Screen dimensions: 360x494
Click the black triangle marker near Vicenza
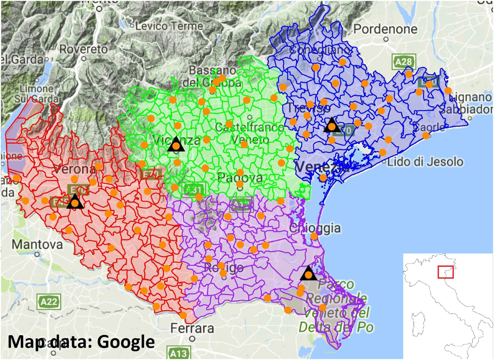pos(176,144)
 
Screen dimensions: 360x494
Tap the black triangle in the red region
pos(75,202)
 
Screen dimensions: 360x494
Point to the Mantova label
pos(37,244)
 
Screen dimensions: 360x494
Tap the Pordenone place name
pos(385,29)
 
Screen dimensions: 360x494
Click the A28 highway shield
pos(402,62)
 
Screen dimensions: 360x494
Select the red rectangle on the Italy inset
pos(445,272)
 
